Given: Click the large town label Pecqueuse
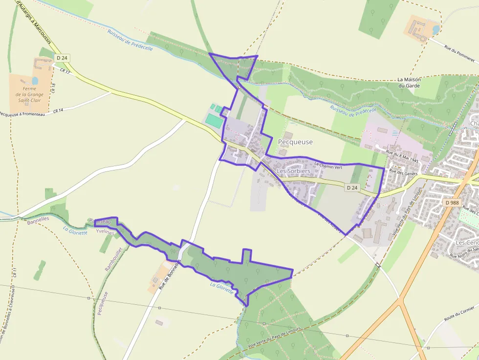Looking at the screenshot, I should tap(295, 142).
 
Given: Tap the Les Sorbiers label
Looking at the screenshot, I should tap(293, 171).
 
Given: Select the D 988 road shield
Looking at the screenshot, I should tap(453, 202).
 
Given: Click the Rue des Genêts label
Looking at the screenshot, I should tap(403, 171).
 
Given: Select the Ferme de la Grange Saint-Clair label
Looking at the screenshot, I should tap(29, 95).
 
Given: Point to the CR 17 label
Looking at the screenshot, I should tap(65, 71).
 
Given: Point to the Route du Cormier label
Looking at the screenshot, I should tap(459, 313).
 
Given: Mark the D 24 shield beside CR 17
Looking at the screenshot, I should tap(62, 58).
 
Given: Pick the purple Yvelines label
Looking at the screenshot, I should tap(105, 232).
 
